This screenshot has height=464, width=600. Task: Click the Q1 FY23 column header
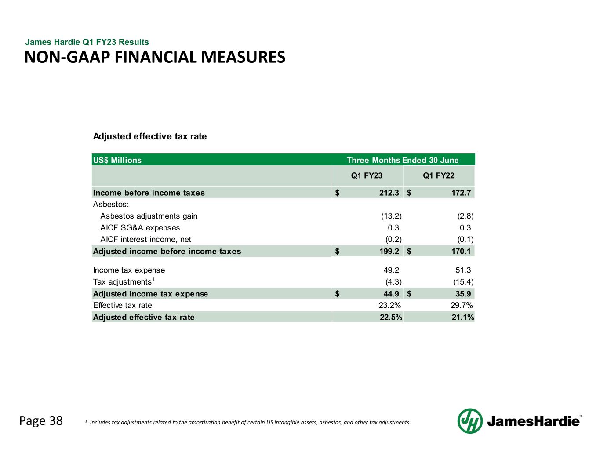click(367, 176)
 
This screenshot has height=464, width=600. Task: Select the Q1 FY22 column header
click(439, 176)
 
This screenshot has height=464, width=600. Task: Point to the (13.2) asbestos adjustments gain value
click(391, 216)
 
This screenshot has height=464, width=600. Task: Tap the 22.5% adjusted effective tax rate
click(391, 317)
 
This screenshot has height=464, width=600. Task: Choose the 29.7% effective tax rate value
click(462, 305)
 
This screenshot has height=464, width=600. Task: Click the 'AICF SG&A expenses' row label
click(140, 228)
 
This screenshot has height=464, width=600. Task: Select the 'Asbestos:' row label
click(111, 205)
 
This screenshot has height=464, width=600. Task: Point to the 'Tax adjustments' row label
click(123, 282)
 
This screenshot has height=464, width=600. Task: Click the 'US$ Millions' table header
click(117, 160)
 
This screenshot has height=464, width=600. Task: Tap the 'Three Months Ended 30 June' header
click(402, 160)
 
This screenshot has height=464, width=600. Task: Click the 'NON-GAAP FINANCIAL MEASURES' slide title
click(155, 57)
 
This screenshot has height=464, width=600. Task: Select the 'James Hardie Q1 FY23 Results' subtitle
click(87, 42)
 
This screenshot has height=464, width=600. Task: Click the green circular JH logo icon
click(470, 421)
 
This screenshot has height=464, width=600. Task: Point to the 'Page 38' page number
click(41, 421)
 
